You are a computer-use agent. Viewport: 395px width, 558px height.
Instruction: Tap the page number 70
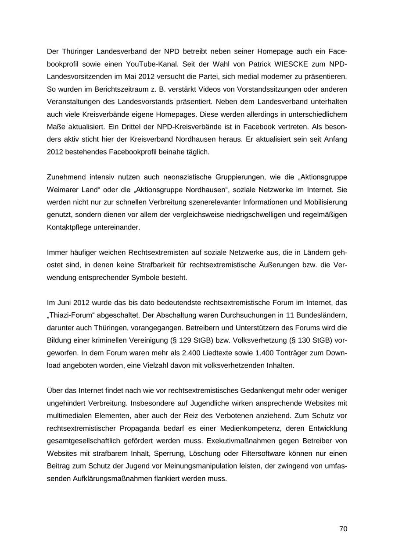coord(343,529)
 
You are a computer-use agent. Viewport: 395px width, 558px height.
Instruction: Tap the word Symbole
coord(144,278)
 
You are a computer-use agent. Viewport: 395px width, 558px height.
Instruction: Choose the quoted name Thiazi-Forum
coord(71,315)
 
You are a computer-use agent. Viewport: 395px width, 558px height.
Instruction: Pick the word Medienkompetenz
coord(250,428)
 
